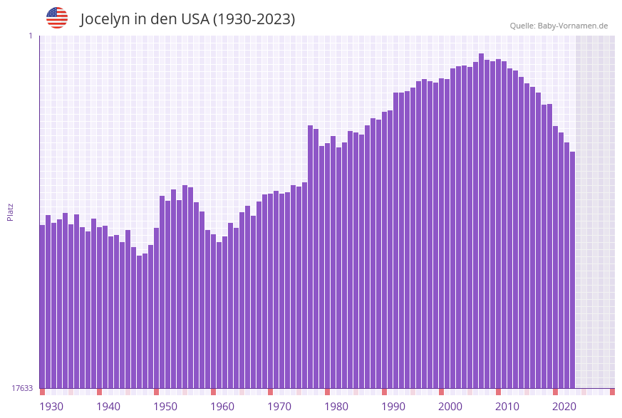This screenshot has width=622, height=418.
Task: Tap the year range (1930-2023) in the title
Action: pos(254,19)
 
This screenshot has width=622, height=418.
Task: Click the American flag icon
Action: pos(57,18)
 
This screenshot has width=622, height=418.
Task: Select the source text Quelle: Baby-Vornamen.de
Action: pos(559,26)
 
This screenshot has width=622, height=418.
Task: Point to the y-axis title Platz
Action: pos(10,211)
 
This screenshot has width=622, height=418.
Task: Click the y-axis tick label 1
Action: pos(30,36)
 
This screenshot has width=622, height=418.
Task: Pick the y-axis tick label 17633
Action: pos(22,388)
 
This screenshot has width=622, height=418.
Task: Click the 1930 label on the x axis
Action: pos(51,407)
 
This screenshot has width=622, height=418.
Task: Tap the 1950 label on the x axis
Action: pos(165,407)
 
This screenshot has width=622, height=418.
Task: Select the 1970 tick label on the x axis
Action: pos(279,407)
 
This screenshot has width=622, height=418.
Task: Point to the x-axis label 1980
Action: pos(336,407)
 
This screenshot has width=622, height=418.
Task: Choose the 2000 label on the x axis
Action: pos(450,407)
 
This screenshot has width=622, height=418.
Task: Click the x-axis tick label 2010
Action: pos(507,407)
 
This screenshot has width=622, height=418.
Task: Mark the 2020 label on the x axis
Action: pos(564,407)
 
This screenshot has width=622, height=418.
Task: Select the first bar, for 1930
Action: pos(42,306)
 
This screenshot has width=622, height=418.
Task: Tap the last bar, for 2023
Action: pos(572,270)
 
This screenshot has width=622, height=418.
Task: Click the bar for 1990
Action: pos(384,249)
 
